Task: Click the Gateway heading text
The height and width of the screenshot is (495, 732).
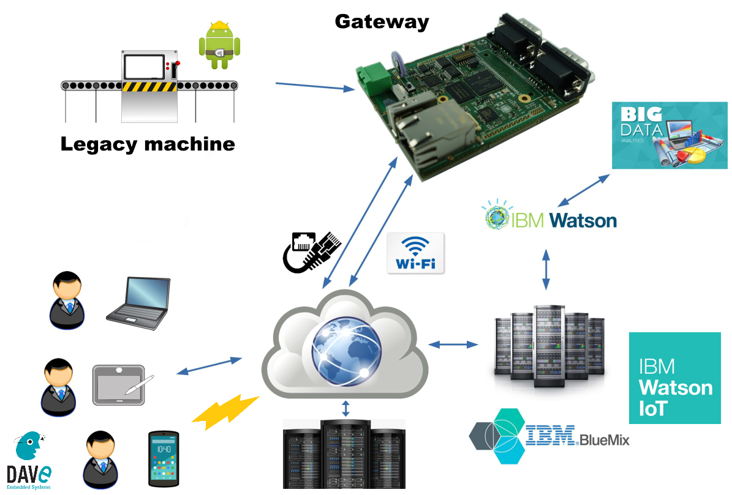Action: coord(382,21)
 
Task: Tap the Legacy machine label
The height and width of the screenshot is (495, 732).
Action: coord(148,144)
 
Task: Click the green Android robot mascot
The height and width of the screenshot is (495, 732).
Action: coord(219,45)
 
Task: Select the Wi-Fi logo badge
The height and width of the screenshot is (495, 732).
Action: coord(416,253)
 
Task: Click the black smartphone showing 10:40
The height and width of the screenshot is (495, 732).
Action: coord(164,459)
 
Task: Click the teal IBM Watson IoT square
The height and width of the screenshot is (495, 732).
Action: coord(675,378)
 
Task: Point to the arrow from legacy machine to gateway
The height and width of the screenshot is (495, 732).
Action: coord(315,86)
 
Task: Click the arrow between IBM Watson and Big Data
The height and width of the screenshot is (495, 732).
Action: coord(584,190)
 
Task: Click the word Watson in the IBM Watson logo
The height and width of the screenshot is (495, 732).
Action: coord(583,220)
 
